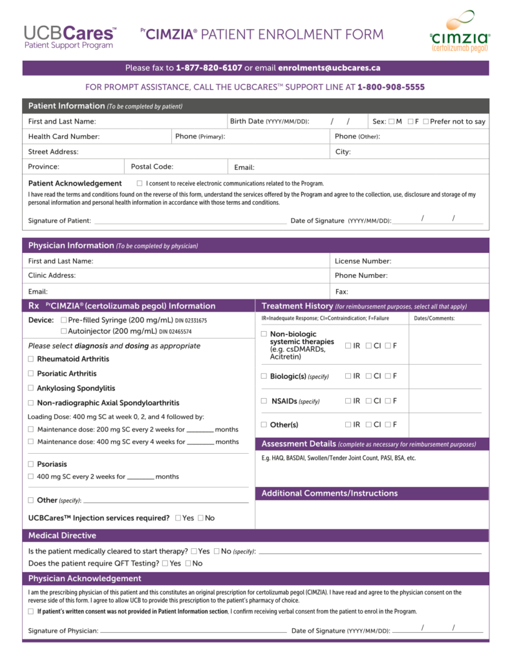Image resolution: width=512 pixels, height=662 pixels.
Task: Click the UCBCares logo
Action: point(70,37)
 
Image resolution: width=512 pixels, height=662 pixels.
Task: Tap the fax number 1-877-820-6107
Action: point(209,68)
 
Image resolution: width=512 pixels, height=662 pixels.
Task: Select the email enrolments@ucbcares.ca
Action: point(329,68)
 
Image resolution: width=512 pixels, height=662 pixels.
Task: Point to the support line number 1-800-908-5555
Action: point(390,87)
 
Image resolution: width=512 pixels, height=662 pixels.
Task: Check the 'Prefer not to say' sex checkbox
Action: point(426,122)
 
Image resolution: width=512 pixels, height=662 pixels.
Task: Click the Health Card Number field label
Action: point(64,136)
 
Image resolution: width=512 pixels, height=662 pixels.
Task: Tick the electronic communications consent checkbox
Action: point(140,184)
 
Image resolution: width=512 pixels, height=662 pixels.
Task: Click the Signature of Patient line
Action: point(190,220)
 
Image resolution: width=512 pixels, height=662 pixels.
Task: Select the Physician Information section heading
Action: point(71,246)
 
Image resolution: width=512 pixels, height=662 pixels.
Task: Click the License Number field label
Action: point(363,261)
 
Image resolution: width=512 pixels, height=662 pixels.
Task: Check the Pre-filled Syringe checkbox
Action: point(63,320)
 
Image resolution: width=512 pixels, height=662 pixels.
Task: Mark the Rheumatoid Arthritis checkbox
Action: point(31,359)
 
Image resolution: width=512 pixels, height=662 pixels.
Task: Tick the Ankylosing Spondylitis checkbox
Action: point(31,389)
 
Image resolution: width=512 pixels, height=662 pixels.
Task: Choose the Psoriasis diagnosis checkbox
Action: point(31,464)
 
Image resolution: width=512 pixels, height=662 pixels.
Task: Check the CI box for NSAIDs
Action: point(368,401)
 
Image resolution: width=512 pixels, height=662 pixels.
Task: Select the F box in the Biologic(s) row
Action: point(388,376)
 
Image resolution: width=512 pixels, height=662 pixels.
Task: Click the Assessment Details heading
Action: point(298,444)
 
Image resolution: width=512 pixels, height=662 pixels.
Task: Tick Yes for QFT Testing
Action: point(165,564)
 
